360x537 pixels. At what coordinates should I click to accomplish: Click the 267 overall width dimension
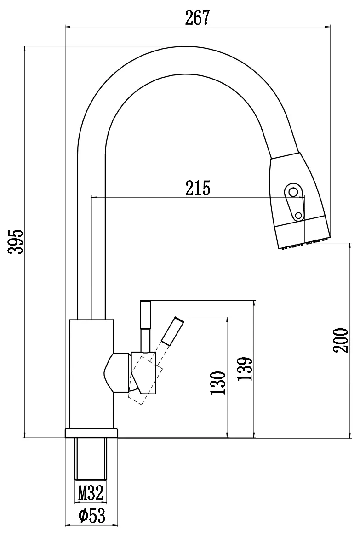197,17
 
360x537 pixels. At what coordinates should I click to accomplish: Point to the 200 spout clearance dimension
341,340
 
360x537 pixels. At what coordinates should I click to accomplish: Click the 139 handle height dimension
246,368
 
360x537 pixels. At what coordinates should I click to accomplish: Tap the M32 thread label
91,494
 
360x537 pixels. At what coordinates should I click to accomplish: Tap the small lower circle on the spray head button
298,215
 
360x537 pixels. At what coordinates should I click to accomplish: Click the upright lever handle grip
145,314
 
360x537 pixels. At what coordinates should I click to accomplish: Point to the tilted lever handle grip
173,330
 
